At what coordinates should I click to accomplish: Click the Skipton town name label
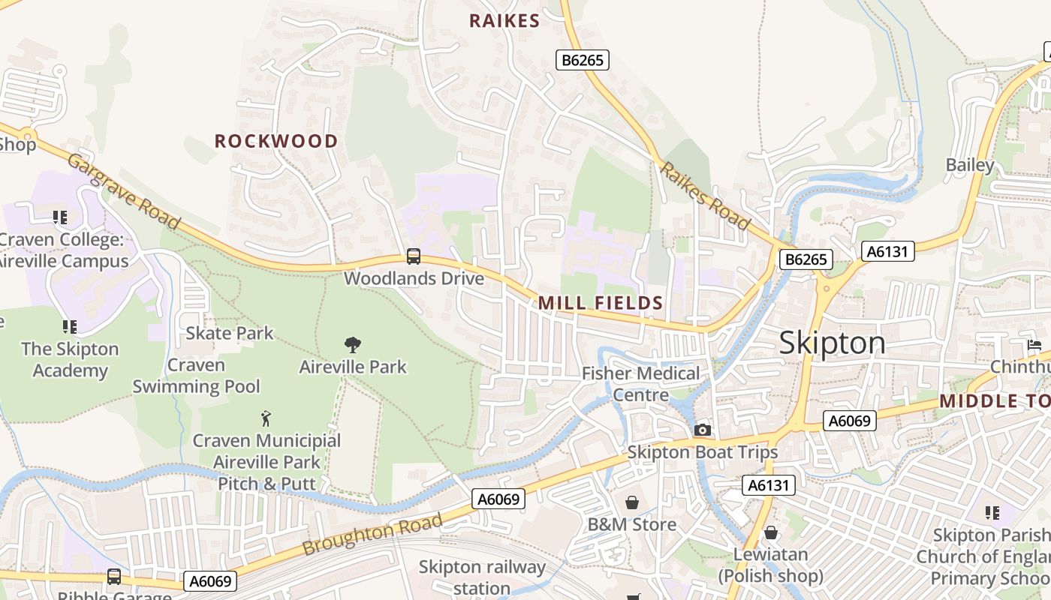832,343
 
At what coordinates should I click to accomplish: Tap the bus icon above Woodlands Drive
414,256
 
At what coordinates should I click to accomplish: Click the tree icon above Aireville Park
352,345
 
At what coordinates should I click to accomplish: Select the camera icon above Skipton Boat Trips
703,430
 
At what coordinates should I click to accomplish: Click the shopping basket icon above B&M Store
632,502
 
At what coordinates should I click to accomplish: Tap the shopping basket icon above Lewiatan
771,533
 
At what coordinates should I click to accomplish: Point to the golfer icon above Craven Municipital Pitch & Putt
266,418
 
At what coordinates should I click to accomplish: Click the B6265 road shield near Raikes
582,60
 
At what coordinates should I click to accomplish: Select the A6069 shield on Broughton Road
499,499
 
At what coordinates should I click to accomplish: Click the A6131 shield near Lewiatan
769,485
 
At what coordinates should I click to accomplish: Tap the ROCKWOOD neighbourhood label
276,141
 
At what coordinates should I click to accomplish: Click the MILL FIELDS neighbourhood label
601,303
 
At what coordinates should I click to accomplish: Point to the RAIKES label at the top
504,21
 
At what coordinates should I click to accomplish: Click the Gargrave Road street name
124,192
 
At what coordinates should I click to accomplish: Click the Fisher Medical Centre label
640,384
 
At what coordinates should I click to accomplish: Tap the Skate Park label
230,333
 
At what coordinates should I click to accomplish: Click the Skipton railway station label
482,577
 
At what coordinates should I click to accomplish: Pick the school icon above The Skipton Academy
70,326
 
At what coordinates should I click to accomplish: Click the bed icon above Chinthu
1034,345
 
